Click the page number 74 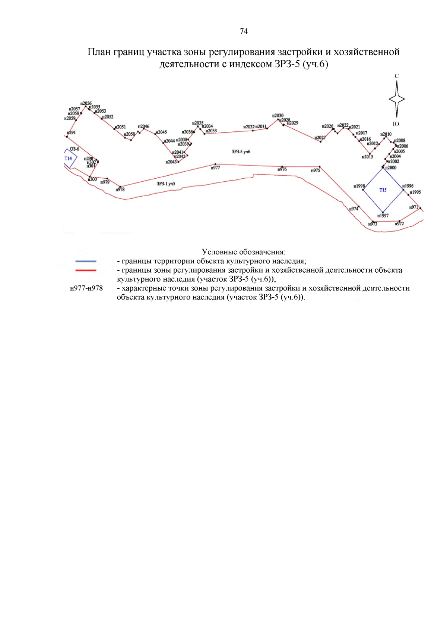pos(244,31)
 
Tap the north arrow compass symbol pos(397,99)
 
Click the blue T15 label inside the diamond pos(383,190)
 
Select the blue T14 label pos(68,159)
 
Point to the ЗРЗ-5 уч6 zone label pos(241,152)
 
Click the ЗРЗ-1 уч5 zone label pos(166,184)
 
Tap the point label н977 pos(215,168)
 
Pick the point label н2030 pos(278,116)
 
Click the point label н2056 pos(86,103)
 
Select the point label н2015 pos(367,157)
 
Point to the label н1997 pos(383,216)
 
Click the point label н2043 pos(171,162)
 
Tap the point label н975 pos(316,170)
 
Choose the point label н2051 pos(120,127)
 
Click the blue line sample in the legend pos(86,261)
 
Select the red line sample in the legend pos(86,270)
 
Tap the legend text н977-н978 pos(86,288)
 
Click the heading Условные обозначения pos(244,252)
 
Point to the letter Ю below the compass pos(396,124)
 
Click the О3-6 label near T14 pos(74,149)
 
